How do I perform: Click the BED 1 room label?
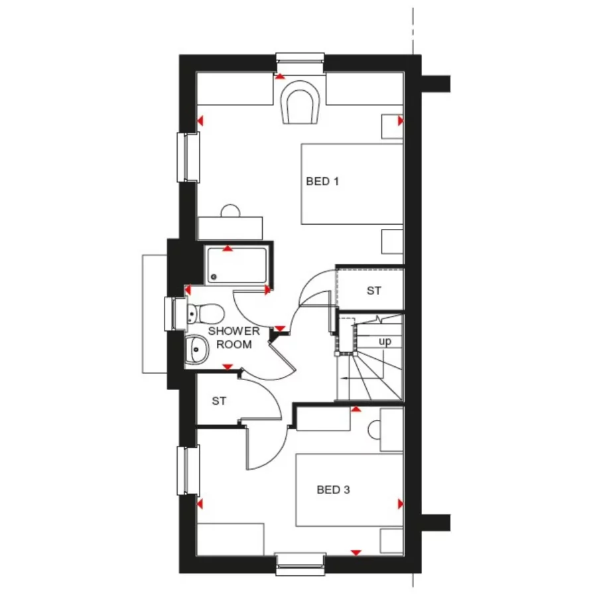[322, 180]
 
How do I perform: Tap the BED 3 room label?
[333, 490]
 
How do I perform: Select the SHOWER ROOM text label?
[230, 338]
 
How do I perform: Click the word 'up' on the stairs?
[385, 342]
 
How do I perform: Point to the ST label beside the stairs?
[374, 291]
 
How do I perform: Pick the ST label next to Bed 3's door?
[220, 401]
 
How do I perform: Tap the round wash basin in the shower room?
[197, 346]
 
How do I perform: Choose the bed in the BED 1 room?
[352, 184]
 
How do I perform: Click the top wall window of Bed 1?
[300, 62]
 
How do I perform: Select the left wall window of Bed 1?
[189, 157]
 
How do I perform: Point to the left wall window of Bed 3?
[189, 470]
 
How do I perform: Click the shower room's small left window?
[177, 313]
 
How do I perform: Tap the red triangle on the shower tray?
[228, 249]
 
